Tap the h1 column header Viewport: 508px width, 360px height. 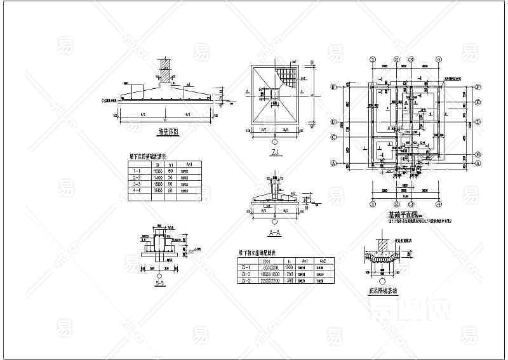click(170, 164)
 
